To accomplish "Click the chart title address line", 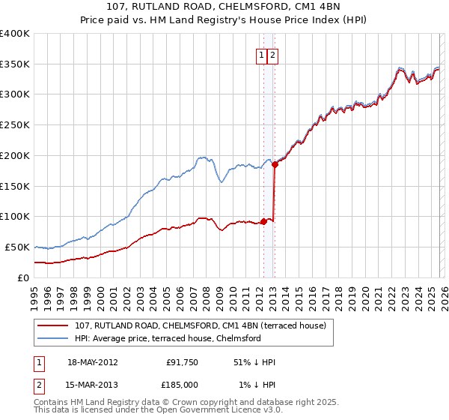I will (x=224, y=8).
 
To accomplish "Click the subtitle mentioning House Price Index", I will (x=224, y=21).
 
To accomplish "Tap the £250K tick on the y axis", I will (x=15, y=124).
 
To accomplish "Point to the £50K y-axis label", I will (x=18, y=247).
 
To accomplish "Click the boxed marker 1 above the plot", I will (x=262, y=54).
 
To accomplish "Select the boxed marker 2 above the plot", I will (x=272, y=54).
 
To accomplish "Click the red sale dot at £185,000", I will (x=275, y=164).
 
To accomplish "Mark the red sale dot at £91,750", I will (x=263, y=221).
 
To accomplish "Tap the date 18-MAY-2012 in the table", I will (x=92, y=362).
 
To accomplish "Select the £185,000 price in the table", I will (x=183, y=384).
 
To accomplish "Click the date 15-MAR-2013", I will (x=92, y=384).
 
